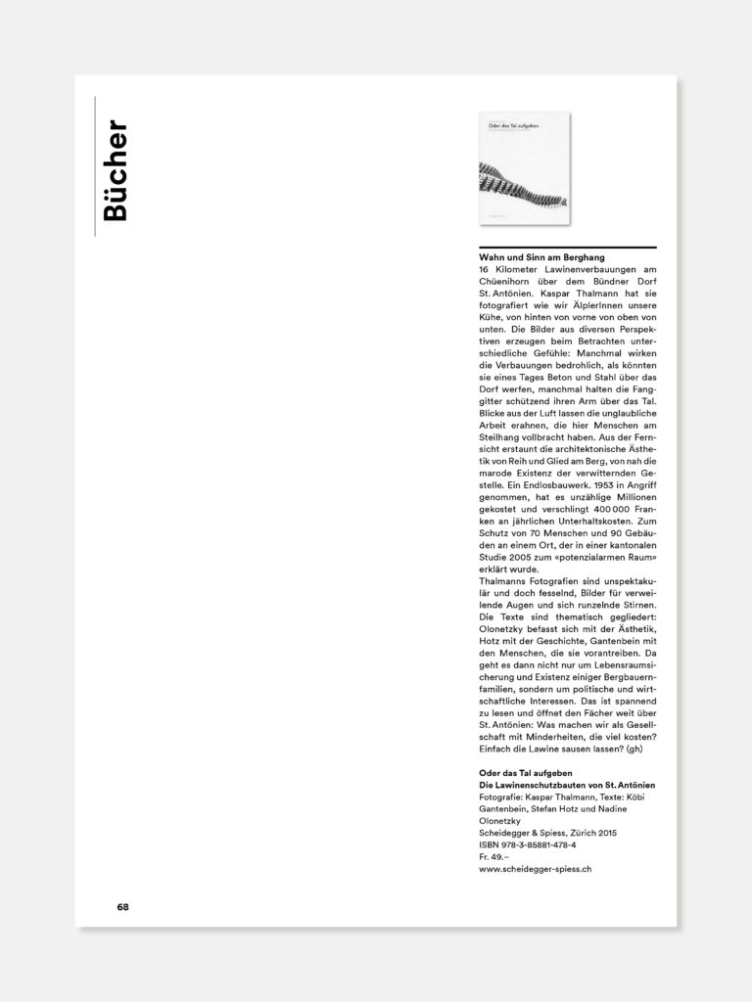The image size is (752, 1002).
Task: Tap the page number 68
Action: (122, 906)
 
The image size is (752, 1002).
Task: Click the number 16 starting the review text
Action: (485, 268)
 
